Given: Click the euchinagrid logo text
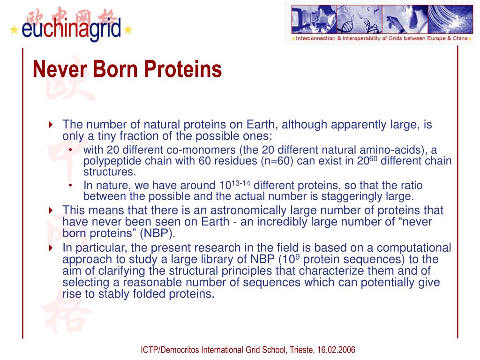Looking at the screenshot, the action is [x=71, y=29].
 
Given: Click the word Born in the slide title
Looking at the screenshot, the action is [x=115, y=69].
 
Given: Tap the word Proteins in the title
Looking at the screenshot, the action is [x=183, y=69].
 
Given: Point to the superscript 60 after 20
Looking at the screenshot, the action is [x=373, y=158].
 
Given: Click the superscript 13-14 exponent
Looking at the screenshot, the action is [x=241, y=183].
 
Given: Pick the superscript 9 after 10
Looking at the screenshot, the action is [x=298, y=257].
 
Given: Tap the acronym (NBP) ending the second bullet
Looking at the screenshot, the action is [x=157, y=233].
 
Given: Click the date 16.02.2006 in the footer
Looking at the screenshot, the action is [x=336, y=350].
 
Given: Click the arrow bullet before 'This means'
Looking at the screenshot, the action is [x=51, y=210].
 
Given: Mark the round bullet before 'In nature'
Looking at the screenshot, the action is [x=70, y=186].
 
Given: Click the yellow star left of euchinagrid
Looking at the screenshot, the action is [x=14, y=30].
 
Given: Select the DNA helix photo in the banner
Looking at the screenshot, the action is [x=359, y=19].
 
